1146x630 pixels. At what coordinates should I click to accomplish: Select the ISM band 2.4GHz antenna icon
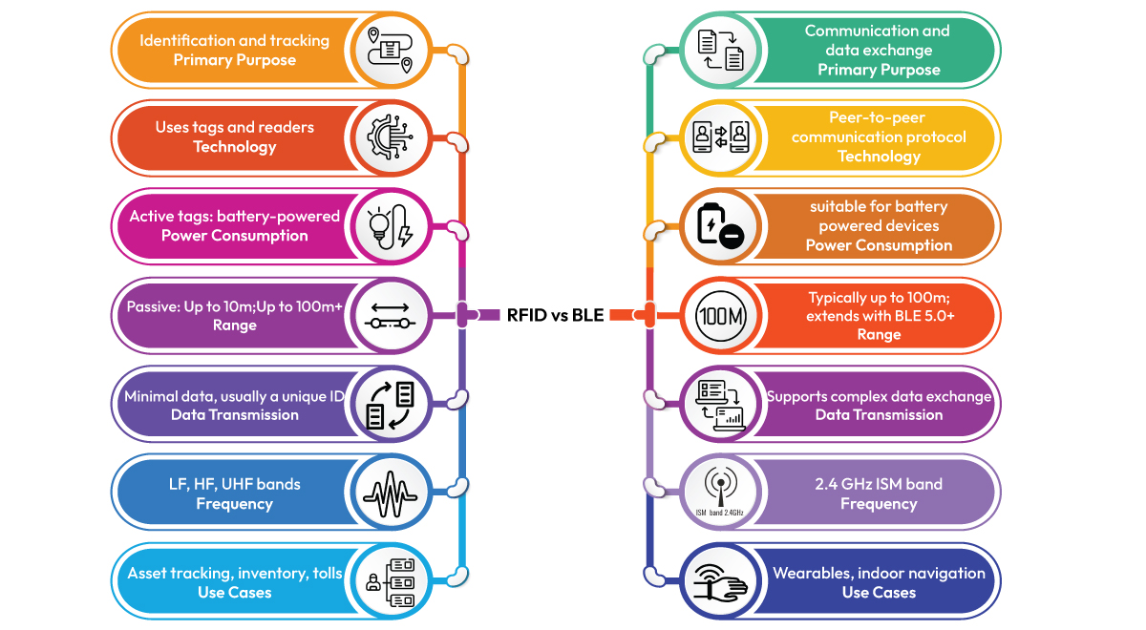tap(718, 493)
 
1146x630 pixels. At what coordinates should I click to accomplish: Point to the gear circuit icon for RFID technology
tap(390, 137)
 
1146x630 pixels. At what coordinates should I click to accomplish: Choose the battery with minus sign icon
tap(719, 227)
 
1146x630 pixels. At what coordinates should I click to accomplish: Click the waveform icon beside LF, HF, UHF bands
tap(390, 493)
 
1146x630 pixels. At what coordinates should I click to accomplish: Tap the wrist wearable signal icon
tap(719, 580)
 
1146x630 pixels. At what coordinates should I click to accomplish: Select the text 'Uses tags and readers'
tap(235, 127)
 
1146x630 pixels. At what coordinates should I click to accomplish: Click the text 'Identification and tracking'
tap(235, 40)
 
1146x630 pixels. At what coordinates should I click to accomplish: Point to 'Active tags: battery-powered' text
tap(235, 216)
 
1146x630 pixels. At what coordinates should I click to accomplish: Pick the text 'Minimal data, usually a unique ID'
tap(235, 396)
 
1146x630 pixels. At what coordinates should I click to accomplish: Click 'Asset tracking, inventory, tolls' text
tap(235, 573)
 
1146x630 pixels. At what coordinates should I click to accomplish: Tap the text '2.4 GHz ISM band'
tap(879, 484)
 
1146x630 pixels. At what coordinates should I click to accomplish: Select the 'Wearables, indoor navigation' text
tap(879, 573)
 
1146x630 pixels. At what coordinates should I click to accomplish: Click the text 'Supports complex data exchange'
tap(879, 396)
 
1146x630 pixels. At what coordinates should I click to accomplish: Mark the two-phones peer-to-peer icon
tap(719, 137)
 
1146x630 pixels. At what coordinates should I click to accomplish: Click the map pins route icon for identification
tap(390, 50)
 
